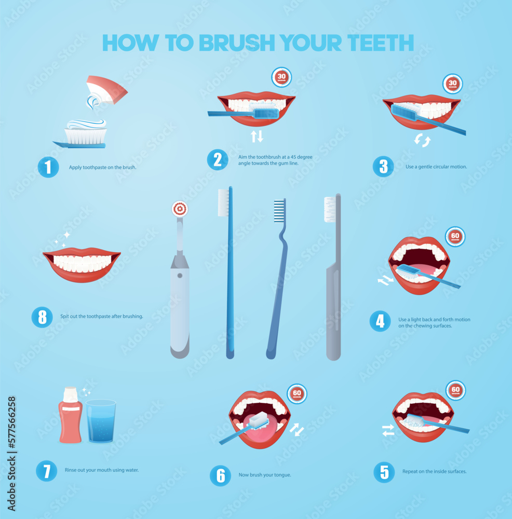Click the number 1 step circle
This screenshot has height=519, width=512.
click(48, 167)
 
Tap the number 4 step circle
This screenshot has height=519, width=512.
click(380, 321)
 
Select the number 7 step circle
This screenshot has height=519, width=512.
click(46, 471)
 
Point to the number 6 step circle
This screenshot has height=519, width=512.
click(220, 475)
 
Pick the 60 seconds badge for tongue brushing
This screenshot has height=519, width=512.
click(297, 393)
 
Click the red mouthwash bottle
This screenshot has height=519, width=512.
click(70, 415)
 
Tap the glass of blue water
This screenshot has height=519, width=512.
click(101, 421)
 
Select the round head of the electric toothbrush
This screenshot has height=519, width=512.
click(180, 209)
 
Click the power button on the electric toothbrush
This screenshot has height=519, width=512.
click(180, 275)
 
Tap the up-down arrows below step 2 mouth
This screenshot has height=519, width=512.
click(257, 136)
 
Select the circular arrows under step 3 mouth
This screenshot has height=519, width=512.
click(422, 140)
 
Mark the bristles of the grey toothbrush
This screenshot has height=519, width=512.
click(330, 209)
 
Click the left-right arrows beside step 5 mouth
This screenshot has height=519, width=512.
click(388, 430)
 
